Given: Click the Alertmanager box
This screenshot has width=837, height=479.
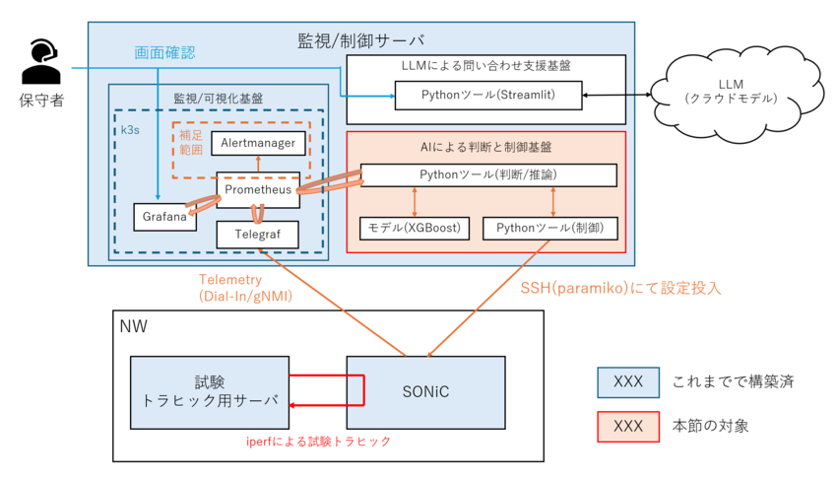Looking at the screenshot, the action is (x=258, y=143).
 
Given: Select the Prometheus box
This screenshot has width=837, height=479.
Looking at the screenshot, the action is (x=258, y=189).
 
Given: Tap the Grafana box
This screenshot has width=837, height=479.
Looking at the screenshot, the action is (x=164, y=217).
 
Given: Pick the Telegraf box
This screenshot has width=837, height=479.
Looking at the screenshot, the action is (x=257, y=235).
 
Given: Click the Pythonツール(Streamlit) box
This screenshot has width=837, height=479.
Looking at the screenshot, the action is (x=487, y=95).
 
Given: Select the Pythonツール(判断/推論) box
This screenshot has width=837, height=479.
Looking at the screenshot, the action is (x=488, y=175).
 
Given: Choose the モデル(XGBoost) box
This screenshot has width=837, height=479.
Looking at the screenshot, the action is (x=415, y=228).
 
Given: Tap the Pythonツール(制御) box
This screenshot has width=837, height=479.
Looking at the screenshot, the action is (x=549, y=228).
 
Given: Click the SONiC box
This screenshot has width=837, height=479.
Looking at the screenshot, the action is (x=425, y=392).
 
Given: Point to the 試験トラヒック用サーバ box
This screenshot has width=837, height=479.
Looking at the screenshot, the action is (x=210, y=392).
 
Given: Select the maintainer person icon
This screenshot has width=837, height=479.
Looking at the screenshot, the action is (x=40, y=61).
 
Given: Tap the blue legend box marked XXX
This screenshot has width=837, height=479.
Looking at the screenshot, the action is (x=628, y=382).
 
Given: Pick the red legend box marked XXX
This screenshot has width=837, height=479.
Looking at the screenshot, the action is (x=628, y=427).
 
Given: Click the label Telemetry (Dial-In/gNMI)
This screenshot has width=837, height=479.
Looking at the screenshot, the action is (x=245, y=288).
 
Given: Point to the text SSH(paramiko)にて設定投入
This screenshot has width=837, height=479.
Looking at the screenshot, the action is (x=620, y=289).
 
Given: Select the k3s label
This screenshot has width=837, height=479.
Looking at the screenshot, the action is (x=130, y=130).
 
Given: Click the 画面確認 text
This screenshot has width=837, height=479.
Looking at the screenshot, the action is (x=164, y=52).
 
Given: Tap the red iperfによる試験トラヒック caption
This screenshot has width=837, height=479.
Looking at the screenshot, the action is (x=319, y=442).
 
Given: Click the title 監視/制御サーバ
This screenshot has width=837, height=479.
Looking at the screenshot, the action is (x=361, y=40).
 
